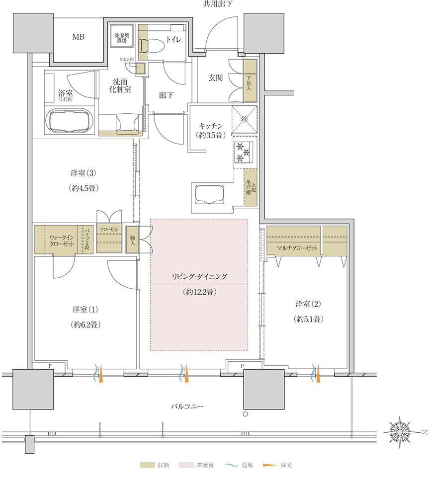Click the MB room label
point(78,37)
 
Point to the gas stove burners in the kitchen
point(244,152)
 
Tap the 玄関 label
point(215,78)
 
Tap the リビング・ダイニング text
point(199,276)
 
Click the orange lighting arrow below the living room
point(187,374)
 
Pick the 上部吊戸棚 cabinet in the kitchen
point(250,188)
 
